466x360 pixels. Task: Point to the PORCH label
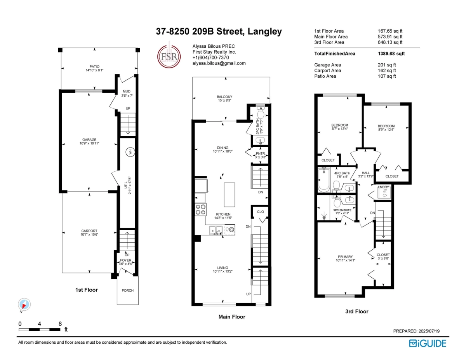[x=127, y=290]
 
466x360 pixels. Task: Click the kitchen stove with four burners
[x=200, y=209]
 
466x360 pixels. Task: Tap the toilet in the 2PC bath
[x=260, y=113]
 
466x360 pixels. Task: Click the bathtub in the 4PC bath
[x=324, y=180]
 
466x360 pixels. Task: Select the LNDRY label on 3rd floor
[x=383, y=187]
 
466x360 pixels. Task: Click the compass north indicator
[x=24, y=304]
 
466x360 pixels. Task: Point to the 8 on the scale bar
[x=60, y=323]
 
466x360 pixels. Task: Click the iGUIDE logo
[x=427, y=343]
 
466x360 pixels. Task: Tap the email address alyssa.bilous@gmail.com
[x=219, y=63]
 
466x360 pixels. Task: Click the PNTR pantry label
[x=260, y=154]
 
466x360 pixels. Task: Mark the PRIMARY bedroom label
[x=345, y=257]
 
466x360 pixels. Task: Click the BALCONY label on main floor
[x=224, y=97]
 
